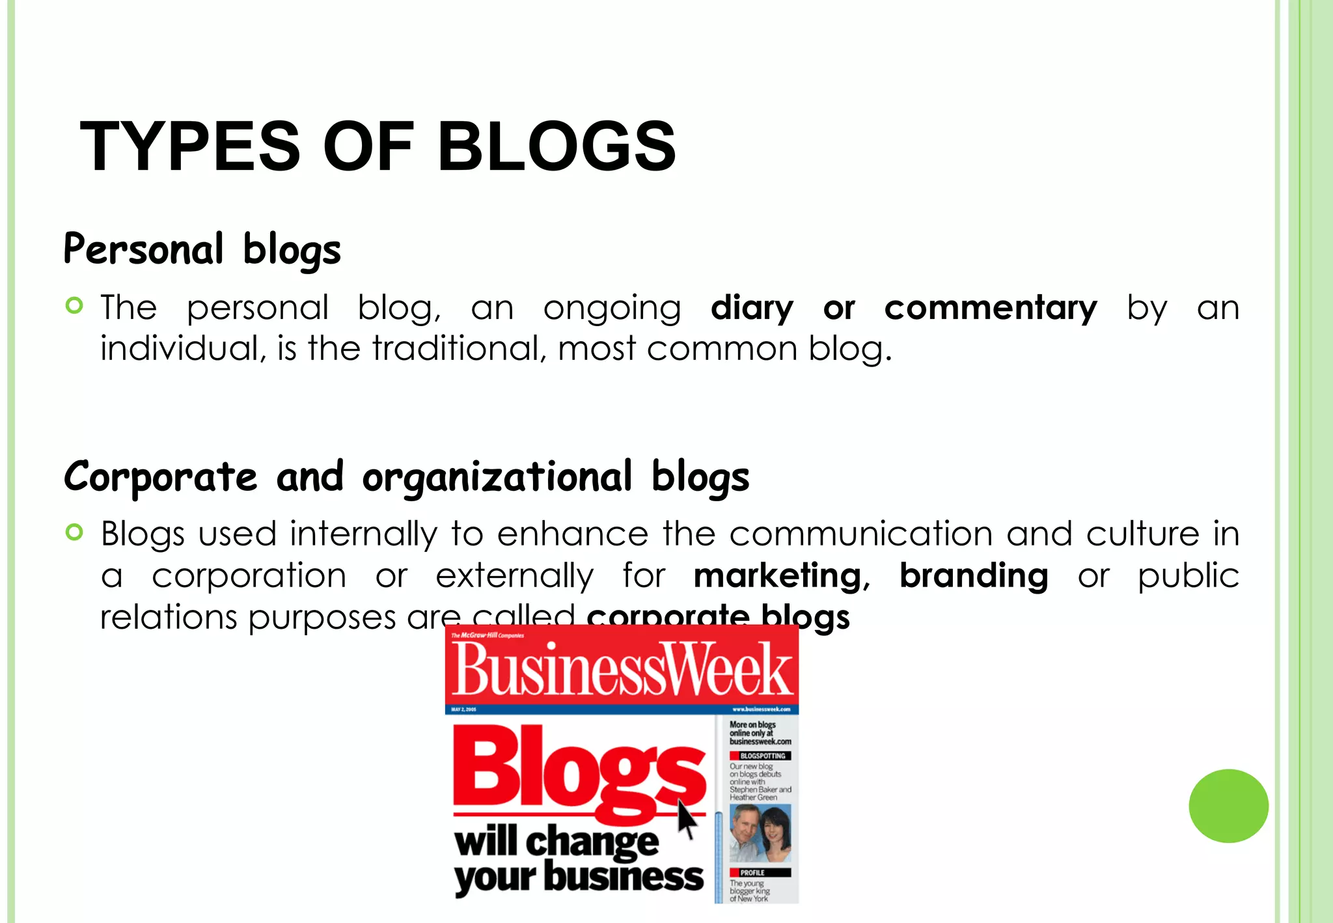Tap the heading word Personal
tap(144, 249)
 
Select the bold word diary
tap(752, 309)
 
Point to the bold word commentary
tap(990, 309)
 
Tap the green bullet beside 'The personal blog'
tap(75, 305)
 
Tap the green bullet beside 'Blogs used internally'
tap(75, 532)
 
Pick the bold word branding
tap(974, 576)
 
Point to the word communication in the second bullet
tap(860, 534)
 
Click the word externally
tap(514, 576)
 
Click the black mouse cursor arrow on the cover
tap(686, 820)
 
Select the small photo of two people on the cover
tap(760, 833)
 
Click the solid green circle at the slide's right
tap(1228, 806)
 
